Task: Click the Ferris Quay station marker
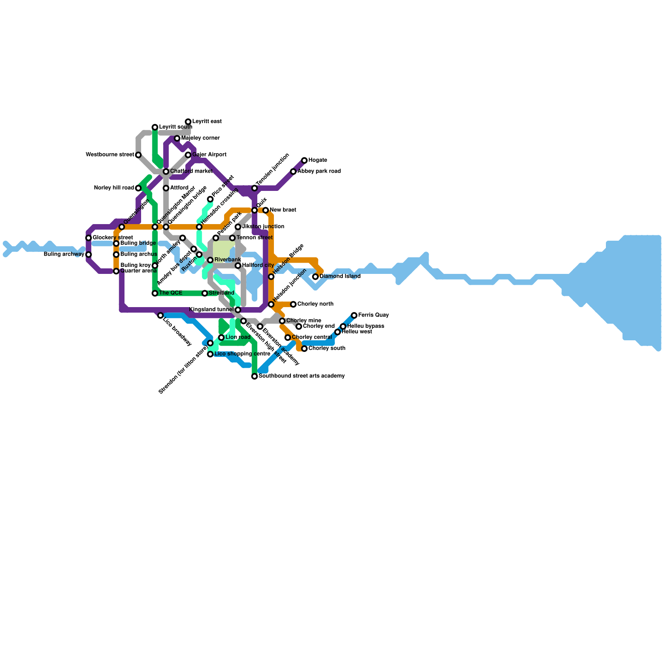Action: click(x=354, y=315)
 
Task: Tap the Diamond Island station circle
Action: click(x=315, y=277)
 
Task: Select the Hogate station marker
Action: click(x=304, y=161)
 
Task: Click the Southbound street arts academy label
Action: click(x=301, y=376)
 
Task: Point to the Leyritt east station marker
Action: click(x=188, y=122)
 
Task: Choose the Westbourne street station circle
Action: click(x=138, y=155)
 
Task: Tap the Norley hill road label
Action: click(x=114, y=188)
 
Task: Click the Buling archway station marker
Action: click(x=88, y=254)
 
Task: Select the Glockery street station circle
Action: click(x=88, y=238)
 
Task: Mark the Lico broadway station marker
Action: click(x=160, y=315)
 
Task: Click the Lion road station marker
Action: click(x=221, y=338)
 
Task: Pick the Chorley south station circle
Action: click(x=304, y=349)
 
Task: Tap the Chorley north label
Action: click(x=315, y=304)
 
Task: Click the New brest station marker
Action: click(x=266, y=210)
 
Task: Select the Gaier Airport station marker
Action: click(x=188, y=155)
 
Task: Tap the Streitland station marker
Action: click(x=205, y=293)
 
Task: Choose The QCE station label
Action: click(x=171, y=293)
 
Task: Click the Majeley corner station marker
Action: click(x=177, y=139)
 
